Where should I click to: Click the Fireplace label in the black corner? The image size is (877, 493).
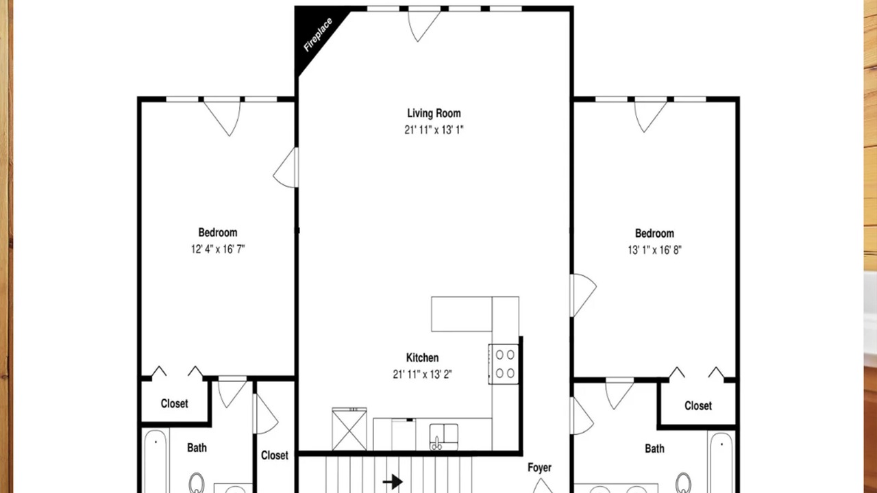tap(318, 34)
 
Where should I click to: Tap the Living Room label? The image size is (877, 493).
tap(434, 114)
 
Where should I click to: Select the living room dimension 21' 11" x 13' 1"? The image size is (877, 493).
tap(434, 130)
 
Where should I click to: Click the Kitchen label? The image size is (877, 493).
tap(423, 357)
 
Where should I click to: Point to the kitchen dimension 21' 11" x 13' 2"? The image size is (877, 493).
tap(423, 375)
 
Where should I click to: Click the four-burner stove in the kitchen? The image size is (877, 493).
tap(504, 364)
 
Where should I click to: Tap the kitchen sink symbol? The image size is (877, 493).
tap(443, 437)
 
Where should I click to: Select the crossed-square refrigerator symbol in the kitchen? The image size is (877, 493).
tap(349, 429)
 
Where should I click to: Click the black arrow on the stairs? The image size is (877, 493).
tap(393, 481)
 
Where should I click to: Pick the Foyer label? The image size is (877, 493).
tap(539, 468)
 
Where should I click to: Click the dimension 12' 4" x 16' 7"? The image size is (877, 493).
tap(218, 249)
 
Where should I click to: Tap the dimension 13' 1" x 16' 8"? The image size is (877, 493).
tap(654, 250)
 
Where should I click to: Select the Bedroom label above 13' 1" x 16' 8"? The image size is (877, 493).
tap(654, 233)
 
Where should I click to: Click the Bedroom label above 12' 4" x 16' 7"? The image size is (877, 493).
tap(218, 233)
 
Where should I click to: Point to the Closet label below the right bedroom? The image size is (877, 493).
tap(698, 406)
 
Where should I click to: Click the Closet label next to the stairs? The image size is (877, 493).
tap(275, 455)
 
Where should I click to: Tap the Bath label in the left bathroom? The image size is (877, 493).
tap(197, 448)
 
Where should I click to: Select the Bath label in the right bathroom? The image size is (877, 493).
tap(654, 448)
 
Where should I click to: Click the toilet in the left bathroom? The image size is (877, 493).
tap(197, 483)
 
